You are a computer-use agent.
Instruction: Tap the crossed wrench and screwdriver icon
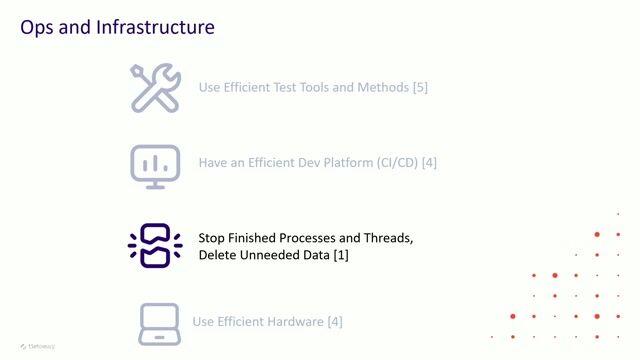point(155,87)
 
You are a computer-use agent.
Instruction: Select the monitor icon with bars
point(155,165)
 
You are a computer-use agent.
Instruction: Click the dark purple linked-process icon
point(155,245)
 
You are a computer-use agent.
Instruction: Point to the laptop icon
point(159,322)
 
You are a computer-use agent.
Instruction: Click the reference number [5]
point(420,87)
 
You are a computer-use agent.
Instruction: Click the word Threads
point(384,238)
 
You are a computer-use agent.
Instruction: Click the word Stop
point(212,238)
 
